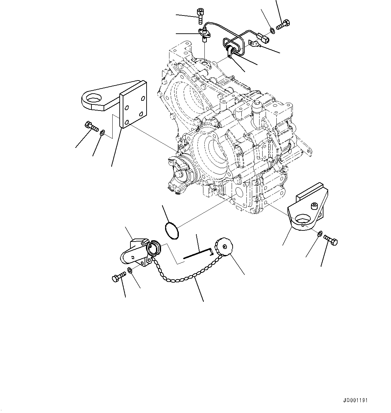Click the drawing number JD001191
[x=355, y=401]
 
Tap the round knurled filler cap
[x=222, y=245]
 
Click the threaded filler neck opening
[x=154, y=248]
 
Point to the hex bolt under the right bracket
[x=331, y=240]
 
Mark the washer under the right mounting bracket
[x=320, y=233]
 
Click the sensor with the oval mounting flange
[x=204, y=33]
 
